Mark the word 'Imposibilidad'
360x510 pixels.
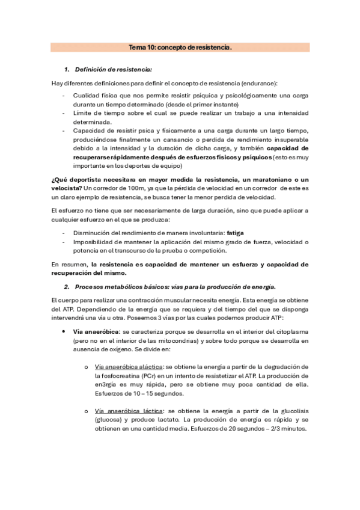point(95,242)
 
